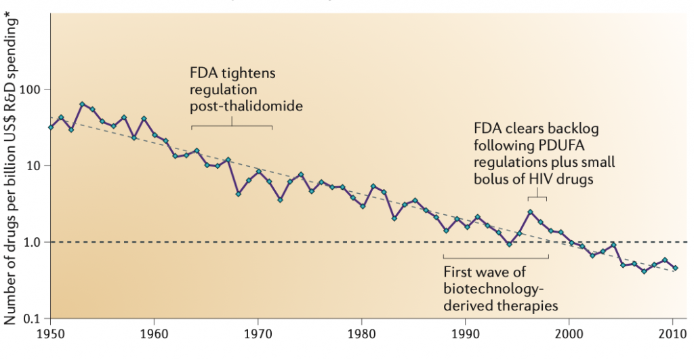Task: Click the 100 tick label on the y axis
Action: pyautogui.click(x=31, y=89)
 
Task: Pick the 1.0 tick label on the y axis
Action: pyautogui.click(x=33, y=242)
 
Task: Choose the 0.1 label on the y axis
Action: pyautogui.click(x=33, y=318)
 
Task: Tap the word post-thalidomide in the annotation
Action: pyautogui.click(x=246, y=106)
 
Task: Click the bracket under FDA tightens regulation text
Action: pyautogui.click(x=232, y=125)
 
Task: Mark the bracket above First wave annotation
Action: pyautogui.click(x=495, y=257)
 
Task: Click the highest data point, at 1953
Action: pyautogui.click(x=82, y=104)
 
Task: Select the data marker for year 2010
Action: pyautogui.click(x=675, y=268)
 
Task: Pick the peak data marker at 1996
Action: pyautogui.click(x=530, y=212)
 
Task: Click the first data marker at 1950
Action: pyautogui.click(x=52, y=127)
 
